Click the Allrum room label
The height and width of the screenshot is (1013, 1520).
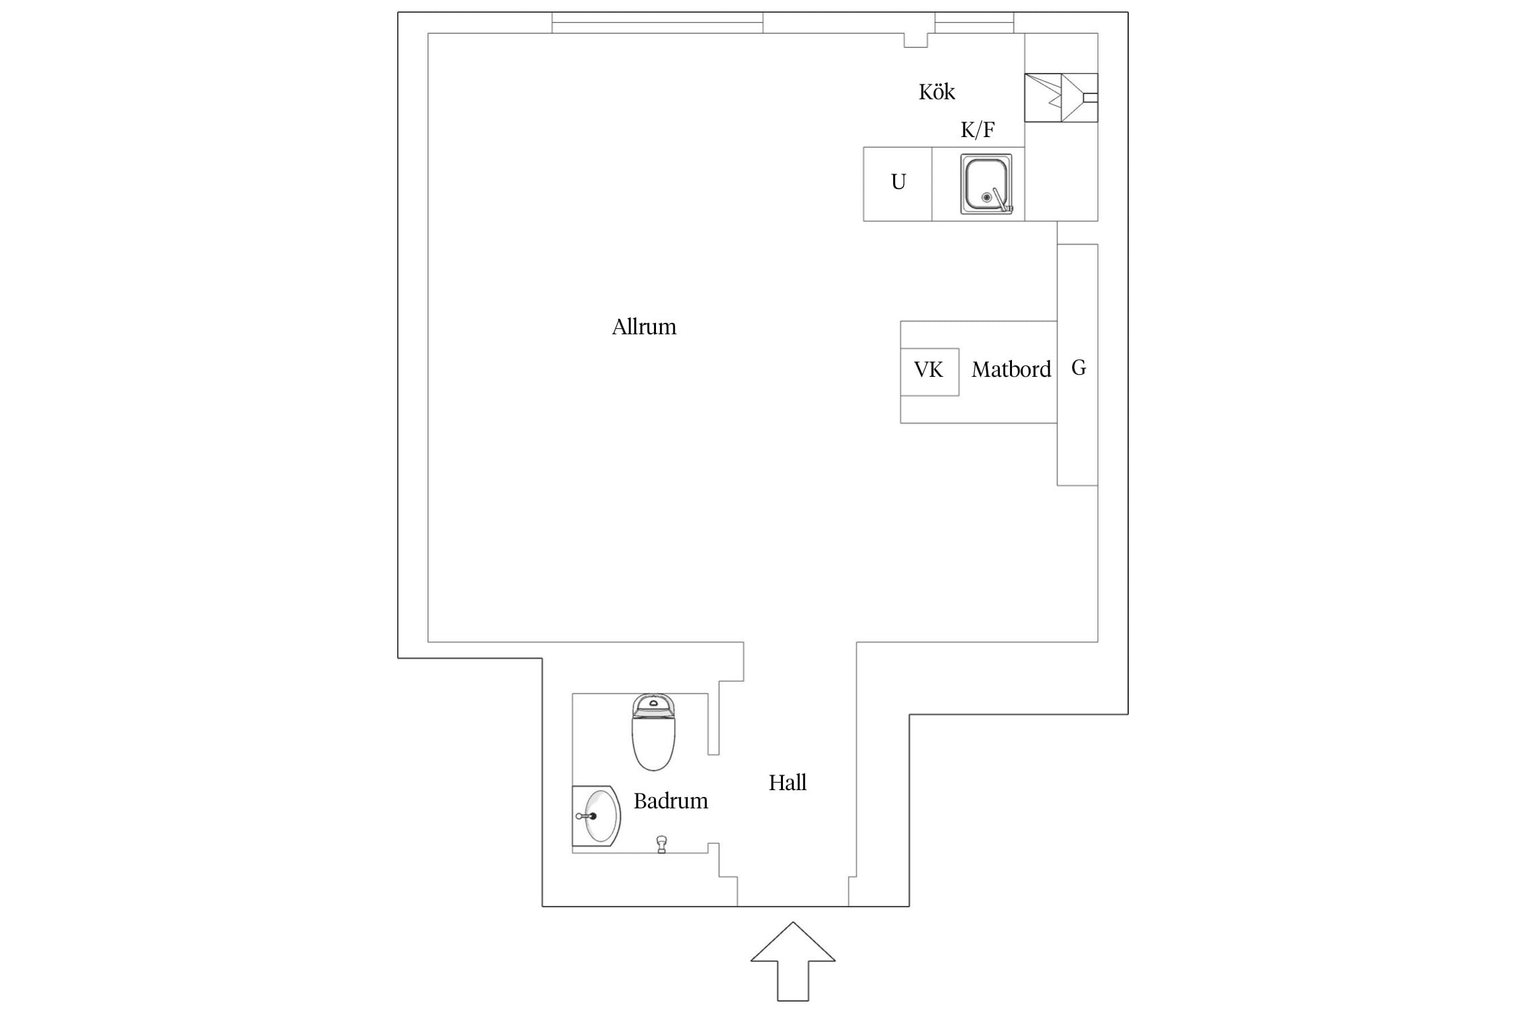pyautogui.click(x=644, y=327)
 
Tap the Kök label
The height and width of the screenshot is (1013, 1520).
pyautogui.click(x=936, y=92)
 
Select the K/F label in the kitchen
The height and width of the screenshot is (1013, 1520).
pyautogui.click(x=978, y=129)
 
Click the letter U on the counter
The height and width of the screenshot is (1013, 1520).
pyautogui.click(x=898, y=182)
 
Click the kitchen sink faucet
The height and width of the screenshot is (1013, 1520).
pyautogui.click(x=1002, y=200)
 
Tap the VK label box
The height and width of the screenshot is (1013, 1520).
pyautogui.click(x=930, y=371)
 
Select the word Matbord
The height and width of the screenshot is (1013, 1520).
pyautogui.click(x=1011, y=369)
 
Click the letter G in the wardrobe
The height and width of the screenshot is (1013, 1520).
pyautogui.click(x=1078, y=367)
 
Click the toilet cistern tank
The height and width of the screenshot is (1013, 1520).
pyautogui.click(x=653, y=705)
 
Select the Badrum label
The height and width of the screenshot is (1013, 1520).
pyautogui.click(x=671, y=801)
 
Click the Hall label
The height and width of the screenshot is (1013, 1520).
pyautogui.click(x=788, y=783)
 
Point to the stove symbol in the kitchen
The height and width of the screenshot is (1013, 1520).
pyautogui.click(x=1061, y=98)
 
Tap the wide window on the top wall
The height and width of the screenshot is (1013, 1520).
pyautogui.click(x=657, y=22)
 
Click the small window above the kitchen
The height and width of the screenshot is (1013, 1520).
pyautogui.click(x=974, y=22)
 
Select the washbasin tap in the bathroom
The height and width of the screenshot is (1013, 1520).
pyautogui.click(x=586, y=816)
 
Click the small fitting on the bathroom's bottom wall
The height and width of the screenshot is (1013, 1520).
pyautogui.click(x=661, y=844)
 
